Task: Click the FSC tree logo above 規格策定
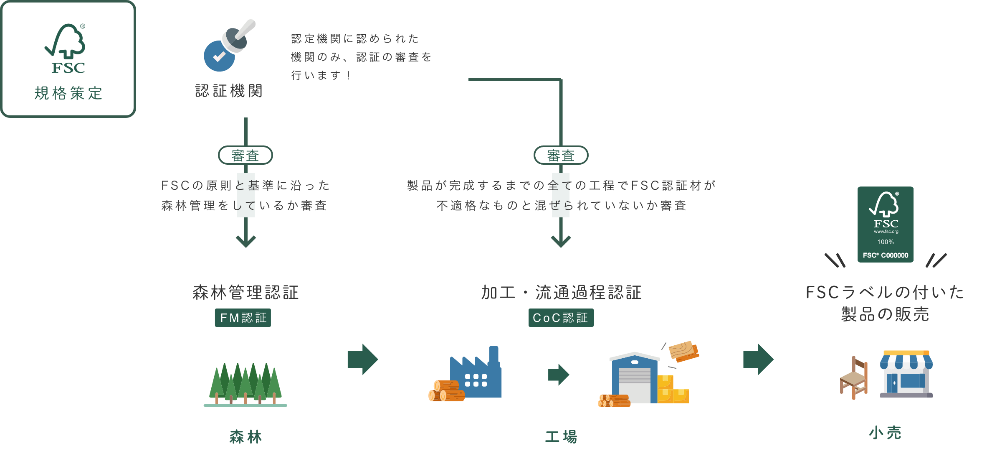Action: click(67, 48)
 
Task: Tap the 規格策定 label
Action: click(68, 93)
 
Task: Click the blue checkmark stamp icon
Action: click(220, 56)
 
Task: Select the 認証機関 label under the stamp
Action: click(229, 91)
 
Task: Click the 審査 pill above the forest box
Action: click(245, 156)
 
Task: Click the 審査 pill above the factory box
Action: click(561, 156)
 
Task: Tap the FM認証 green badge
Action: click(243, 318)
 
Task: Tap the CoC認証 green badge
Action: click(561, 318)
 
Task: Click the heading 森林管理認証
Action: click(245, 292)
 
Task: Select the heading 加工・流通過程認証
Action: click(561, 292)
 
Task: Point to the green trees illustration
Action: click(245, 384)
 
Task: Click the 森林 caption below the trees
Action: click(245, 436)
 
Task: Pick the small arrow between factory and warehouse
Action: click(558, 375)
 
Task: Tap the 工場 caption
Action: click(561, 436)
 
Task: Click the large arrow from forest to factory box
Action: click(362, 360)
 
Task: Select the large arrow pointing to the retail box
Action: click(758, 360)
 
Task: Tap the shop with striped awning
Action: click(906, 374)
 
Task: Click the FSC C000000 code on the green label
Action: click(886, 255)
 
